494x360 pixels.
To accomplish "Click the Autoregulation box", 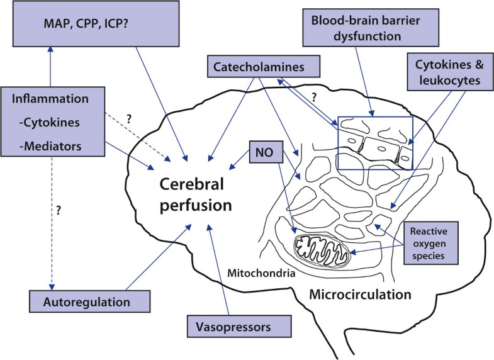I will tap(89, 301).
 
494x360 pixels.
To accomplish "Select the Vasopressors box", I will tap(240, 327).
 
